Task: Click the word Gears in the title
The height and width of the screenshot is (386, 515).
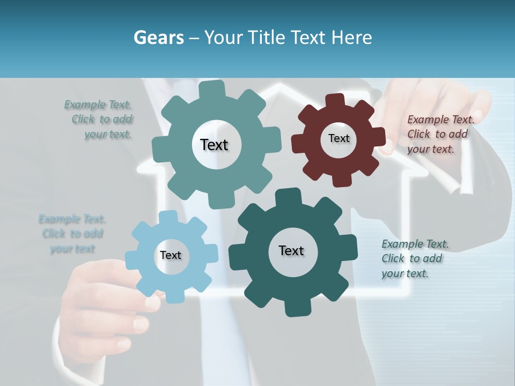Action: click(158, 38)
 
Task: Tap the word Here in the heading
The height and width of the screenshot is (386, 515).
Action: click(351, 38)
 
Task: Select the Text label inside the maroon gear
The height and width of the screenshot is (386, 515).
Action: click(339, 138)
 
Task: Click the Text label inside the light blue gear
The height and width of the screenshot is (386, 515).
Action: click(171, 256)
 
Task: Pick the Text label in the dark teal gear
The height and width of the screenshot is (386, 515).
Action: click(291, 251)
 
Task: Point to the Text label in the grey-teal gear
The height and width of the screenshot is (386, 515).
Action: click(214, 145)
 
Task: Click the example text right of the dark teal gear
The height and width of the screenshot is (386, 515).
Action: click(413, 258)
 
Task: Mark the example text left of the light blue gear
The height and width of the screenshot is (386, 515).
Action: click(72, 234)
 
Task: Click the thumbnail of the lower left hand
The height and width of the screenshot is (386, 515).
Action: click(141, 324)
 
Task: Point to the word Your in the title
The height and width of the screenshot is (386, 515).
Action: click(223, 38)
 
